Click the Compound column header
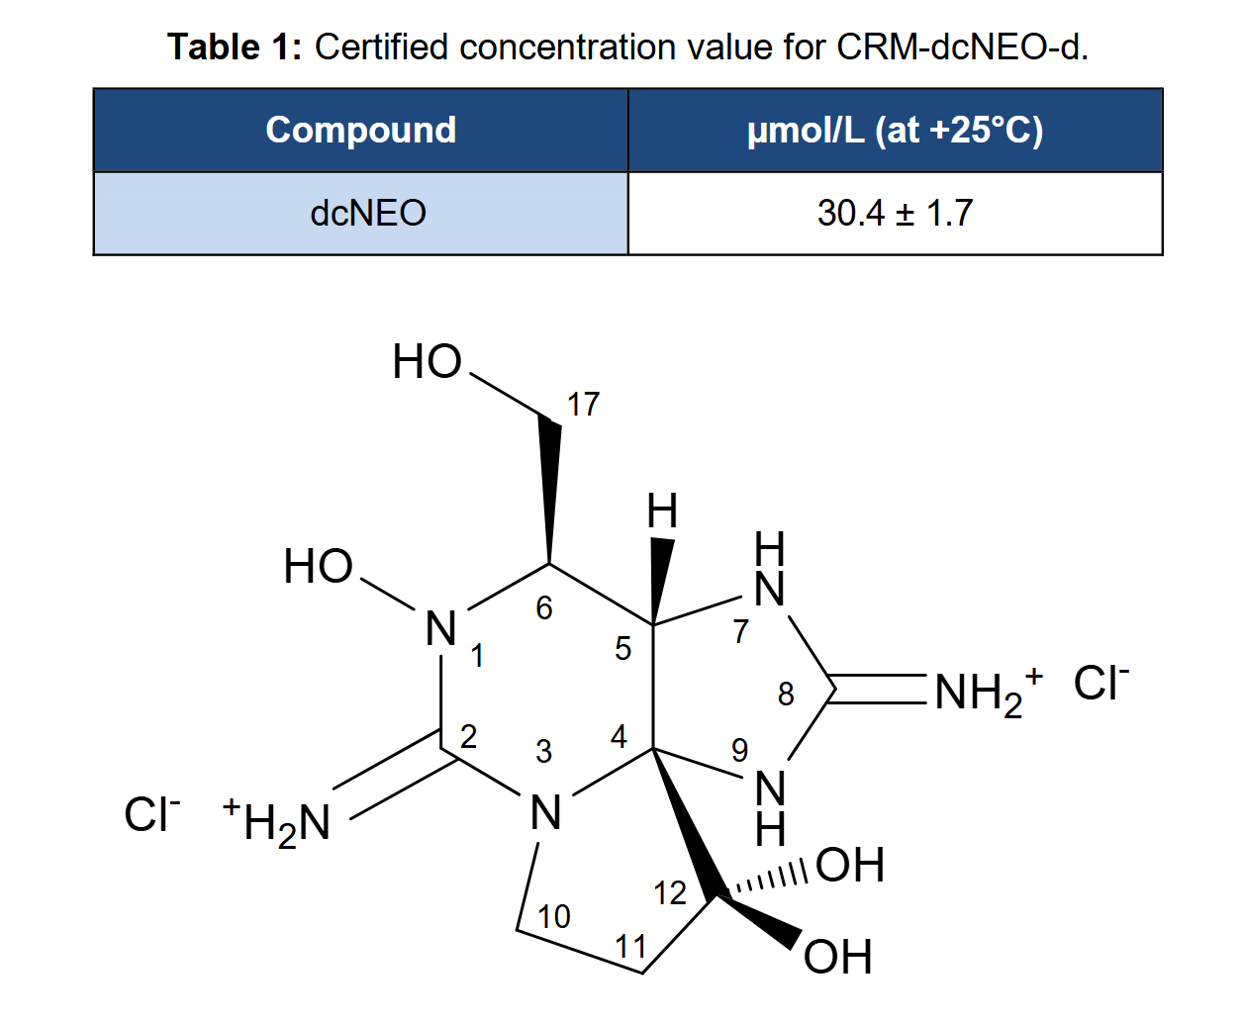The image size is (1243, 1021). point(360,131)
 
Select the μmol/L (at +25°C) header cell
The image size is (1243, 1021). point(896,131)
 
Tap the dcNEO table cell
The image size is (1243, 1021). point(360,214)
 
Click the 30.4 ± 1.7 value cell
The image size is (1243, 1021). point(896,214)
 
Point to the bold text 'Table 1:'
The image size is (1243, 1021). point(235,46)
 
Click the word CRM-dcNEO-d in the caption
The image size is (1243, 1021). point(962,46)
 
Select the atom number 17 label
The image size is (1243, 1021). point(583,405)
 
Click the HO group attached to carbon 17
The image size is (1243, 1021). point(427,362)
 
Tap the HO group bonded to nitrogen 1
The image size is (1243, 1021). point(318,566)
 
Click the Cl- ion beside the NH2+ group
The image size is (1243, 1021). point(1100,684)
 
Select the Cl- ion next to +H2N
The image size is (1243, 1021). point(151,815)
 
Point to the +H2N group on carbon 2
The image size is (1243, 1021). point(276,823)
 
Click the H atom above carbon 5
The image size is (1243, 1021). point(662,511)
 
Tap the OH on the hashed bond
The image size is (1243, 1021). point(850,865)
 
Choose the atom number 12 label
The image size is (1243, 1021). point(670,893)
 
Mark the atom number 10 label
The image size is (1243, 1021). point(554,917)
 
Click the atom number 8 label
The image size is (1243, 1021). point(786,694)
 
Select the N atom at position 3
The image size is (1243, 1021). point(545,813)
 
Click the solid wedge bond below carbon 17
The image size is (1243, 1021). point(549,489)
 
